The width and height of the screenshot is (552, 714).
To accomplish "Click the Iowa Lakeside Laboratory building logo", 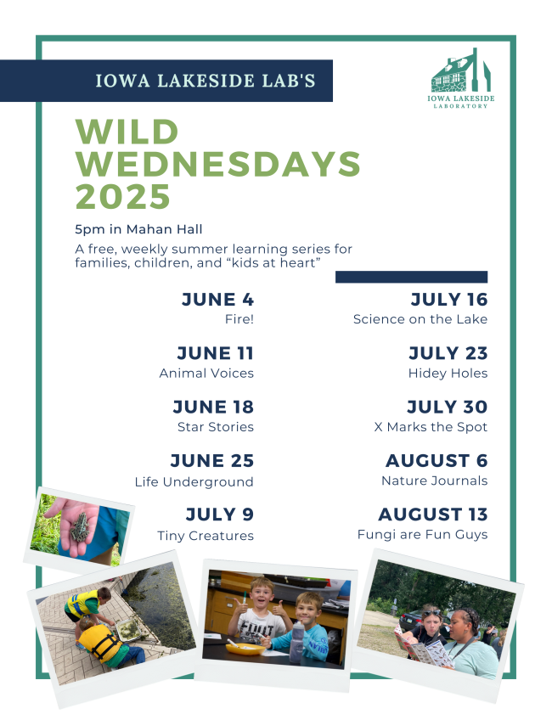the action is [x=460, y=70].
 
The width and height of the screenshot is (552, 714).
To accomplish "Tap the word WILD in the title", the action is [x=127, y=132].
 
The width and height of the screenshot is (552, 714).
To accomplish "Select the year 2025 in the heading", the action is [x=123, y=197].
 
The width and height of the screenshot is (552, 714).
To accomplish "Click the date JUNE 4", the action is [x=217, y=299].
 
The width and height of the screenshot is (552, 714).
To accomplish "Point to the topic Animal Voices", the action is [x=206, y=374].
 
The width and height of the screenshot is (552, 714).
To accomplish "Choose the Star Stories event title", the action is [x=216, y=427].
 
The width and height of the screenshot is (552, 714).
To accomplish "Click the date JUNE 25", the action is [x=212, y=460].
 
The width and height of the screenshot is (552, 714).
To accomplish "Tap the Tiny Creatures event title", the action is [x=206, y=536].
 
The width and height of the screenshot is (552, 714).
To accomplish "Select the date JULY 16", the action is [x=449, y=299].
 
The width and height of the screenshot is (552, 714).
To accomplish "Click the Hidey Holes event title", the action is [x=448, y=374].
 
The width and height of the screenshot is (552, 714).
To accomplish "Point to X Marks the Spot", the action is [x=431, y=427].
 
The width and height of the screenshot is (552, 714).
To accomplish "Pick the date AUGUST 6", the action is [x=437, y=460].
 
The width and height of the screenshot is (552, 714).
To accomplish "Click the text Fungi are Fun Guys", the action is [x=423, y=535].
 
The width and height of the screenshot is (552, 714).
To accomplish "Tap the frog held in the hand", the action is [x=81, y=528].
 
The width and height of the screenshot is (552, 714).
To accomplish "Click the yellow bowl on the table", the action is [x=246, y=648].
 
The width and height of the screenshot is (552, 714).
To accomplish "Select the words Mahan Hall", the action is [x=165, y=229].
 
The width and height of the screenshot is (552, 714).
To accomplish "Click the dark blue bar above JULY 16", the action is [x=411, y=277].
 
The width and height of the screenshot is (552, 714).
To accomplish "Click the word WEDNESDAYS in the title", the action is [x=218, y=164].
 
